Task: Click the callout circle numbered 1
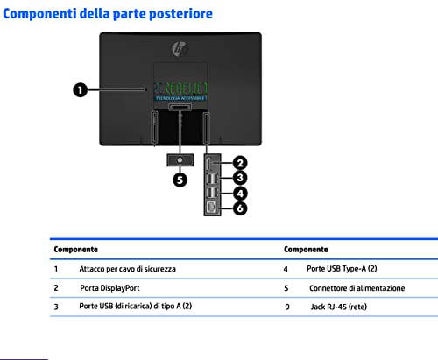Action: pyautogui.click(x=81, y=90)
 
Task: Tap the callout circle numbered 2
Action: pyautogui.click(x=240, y=163)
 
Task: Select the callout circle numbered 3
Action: pyautogui.click(x=240, y=178)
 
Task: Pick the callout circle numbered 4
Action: pyautogui.click(x=240, y=194)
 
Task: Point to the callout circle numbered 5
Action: pyautogui.click(x=180, y=180)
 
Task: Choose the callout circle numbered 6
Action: pyautogui.click(x=240, y=208)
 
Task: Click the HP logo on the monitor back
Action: pyautogui.click(x=180, y=49)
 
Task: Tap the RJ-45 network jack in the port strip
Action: pyautogui.click(x=212, y=208)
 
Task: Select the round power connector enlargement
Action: pyautogui.click(x=180, y=160)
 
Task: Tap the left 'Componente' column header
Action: pyautogui.click(x=76, y=250)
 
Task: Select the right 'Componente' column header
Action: pyautogui.click(x=306, y=250)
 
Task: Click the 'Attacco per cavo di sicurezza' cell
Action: pyautogui.click(x=128, y=269)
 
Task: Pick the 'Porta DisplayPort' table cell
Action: pyautogui.click(x=109, y=288)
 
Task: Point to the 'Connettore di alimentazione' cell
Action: pyautogui.click(x=357, y=288)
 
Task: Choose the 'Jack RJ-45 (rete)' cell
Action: pyautogui.click(x=339, y=307)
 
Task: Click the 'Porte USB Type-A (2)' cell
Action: pyautogui.click(x=342, y=269)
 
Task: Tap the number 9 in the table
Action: pyautogui.click(x=287, y=307)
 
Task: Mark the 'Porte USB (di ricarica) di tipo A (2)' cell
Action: pyautogui.click(x=136, y=306)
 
